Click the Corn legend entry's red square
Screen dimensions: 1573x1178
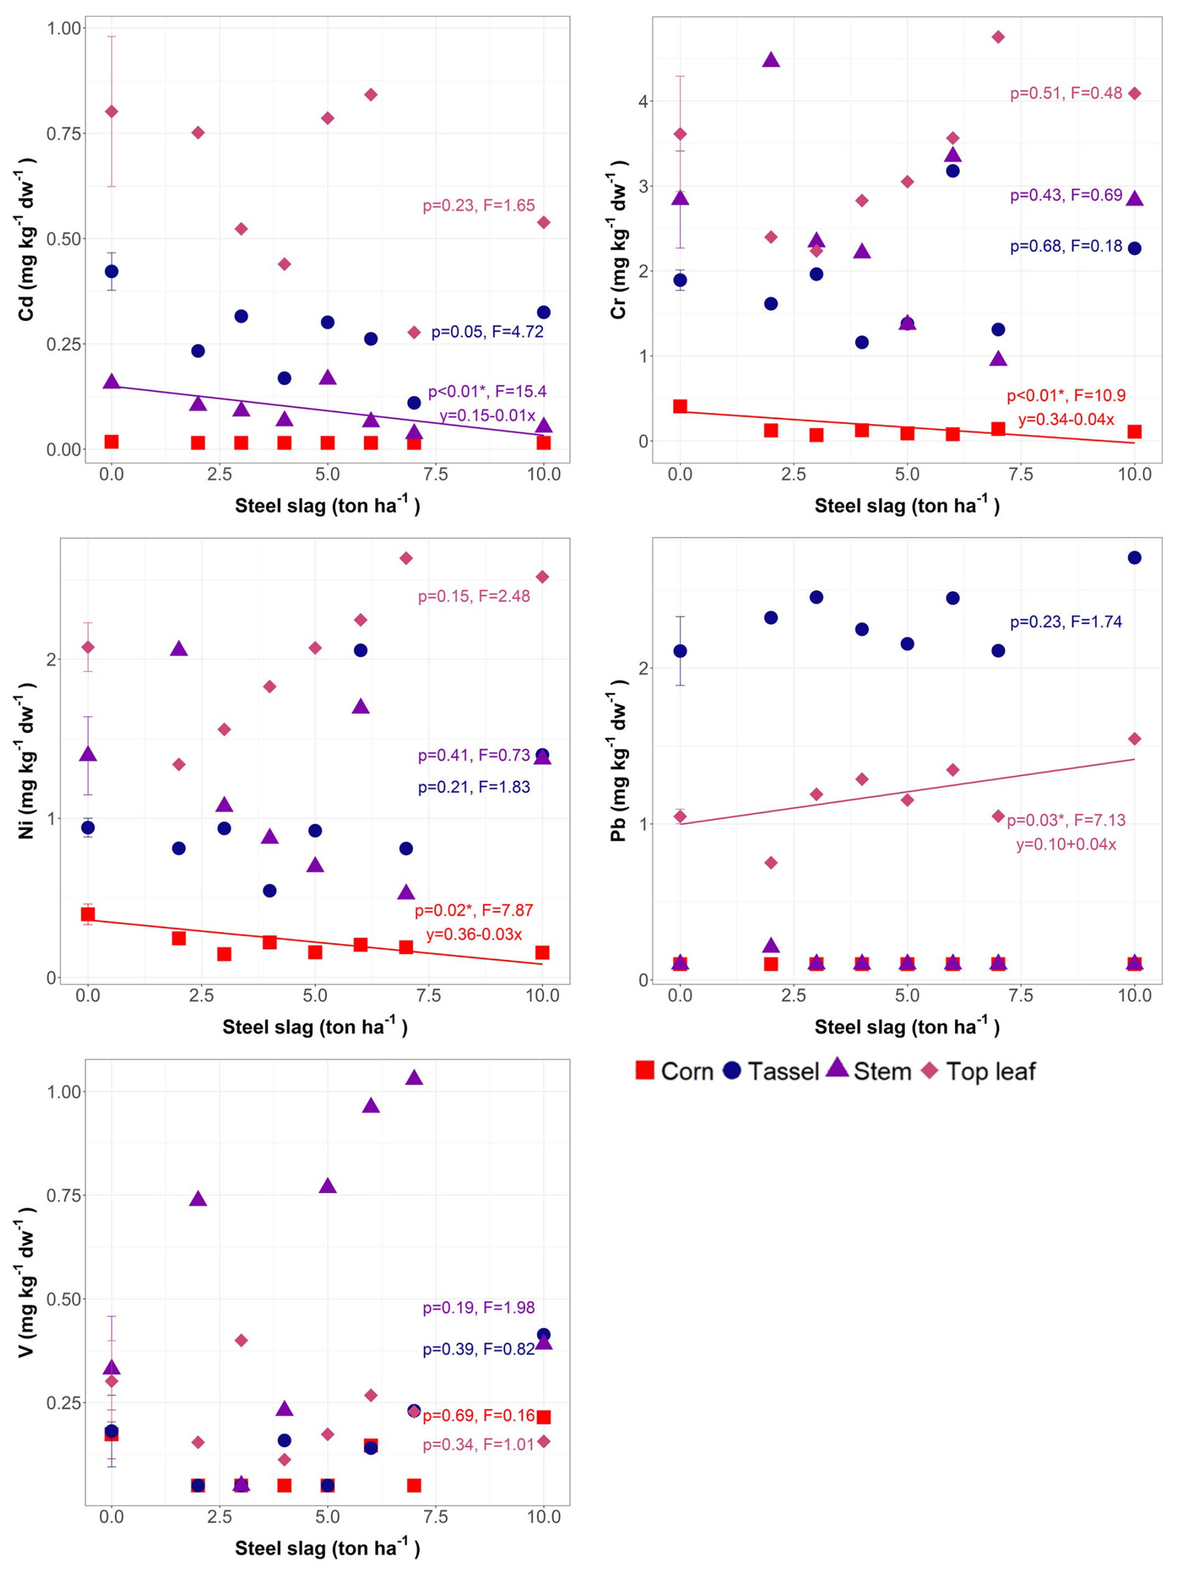click(x=644, y=1071)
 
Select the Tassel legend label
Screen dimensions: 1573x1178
click(x=783, y=1072)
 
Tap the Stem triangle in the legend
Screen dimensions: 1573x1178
click(x=838, y=1069)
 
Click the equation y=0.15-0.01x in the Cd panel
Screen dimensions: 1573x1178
click(x=488, y=415)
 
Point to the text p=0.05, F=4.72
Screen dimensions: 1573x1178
click(x=488, y=332)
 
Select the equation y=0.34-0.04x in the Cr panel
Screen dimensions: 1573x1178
click(x=1067, y=420)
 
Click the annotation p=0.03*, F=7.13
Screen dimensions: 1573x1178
click(x=1065, y=820)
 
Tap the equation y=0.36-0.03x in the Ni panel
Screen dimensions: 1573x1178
click(x=474, y=934)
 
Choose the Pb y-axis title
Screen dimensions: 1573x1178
click(x=618, y=760)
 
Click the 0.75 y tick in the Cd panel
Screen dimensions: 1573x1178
click(x=64, y=134)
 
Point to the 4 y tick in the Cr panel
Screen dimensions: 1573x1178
click(x=643, y=101)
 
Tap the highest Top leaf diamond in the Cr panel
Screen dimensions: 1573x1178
click(x=998, y=37)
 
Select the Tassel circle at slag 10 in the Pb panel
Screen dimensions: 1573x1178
click(x=1134, y=558)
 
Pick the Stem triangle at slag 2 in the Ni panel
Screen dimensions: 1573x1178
click(x=179, y=649)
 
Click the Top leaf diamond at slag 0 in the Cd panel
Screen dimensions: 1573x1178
click(x=111, y=111)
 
